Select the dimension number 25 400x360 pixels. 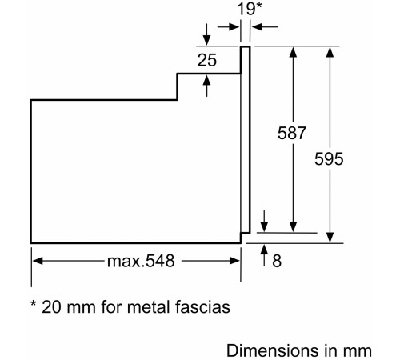pos(208,59)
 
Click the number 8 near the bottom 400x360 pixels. pos(278,262)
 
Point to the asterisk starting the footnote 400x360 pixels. pos(34,305)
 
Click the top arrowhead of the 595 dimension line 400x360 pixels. pos(330,52)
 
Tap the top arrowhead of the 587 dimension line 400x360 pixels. pos(294,52)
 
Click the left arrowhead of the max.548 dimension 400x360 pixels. pos(37,262)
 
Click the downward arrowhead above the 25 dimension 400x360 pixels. pos(208,40)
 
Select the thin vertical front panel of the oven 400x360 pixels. pos(246,144)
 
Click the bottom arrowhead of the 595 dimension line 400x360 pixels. pos(330,235)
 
